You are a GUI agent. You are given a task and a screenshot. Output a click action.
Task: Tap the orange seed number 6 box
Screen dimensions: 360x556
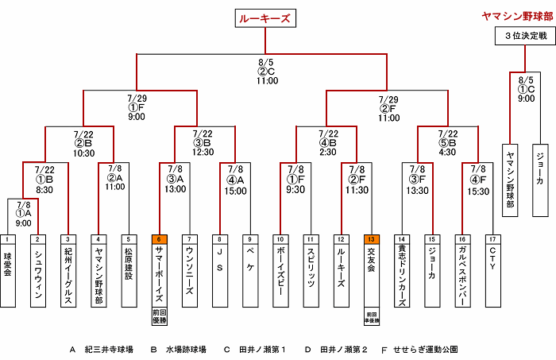pyautogui.click(x=159, y=238)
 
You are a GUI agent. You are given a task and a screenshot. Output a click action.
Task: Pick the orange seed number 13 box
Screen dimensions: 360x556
pyautogui.click(x=372, y=238)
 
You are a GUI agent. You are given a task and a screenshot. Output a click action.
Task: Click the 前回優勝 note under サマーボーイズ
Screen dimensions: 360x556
pyautogui.click(x=159, y=316)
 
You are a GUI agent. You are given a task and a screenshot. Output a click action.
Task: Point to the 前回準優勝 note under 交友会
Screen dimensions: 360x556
pyautogui.click(x=372, y=316)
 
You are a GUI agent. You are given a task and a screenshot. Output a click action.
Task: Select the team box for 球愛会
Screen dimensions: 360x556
pyautogui.click(x=8, y=275)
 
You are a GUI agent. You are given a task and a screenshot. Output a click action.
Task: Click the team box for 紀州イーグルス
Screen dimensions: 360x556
pyautogui.click(x=68, y=275)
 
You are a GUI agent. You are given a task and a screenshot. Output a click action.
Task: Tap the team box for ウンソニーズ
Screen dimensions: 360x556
pyautogui.click(x=189, y=275)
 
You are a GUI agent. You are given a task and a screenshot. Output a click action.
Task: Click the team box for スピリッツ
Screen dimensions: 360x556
pyautogui.click(x=311, y=275)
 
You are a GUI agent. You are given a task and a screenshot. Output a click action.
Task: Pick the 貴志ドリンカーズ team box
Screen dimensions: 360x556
pyautogui.click(x=402, y=275)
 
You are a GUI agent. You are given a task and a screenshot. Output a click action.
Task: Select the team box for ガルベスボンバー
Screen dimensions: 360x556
pyautogui.click(x=462, y=275)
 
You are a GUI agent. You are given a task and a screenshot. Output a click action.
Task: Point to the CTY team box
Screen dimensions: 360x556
pyautogui.click(x=492, y=275)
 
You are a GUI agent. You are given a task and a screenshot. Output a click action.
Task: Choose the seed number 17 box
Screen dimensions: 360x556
pyautogui.click(x=492, y=238)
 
